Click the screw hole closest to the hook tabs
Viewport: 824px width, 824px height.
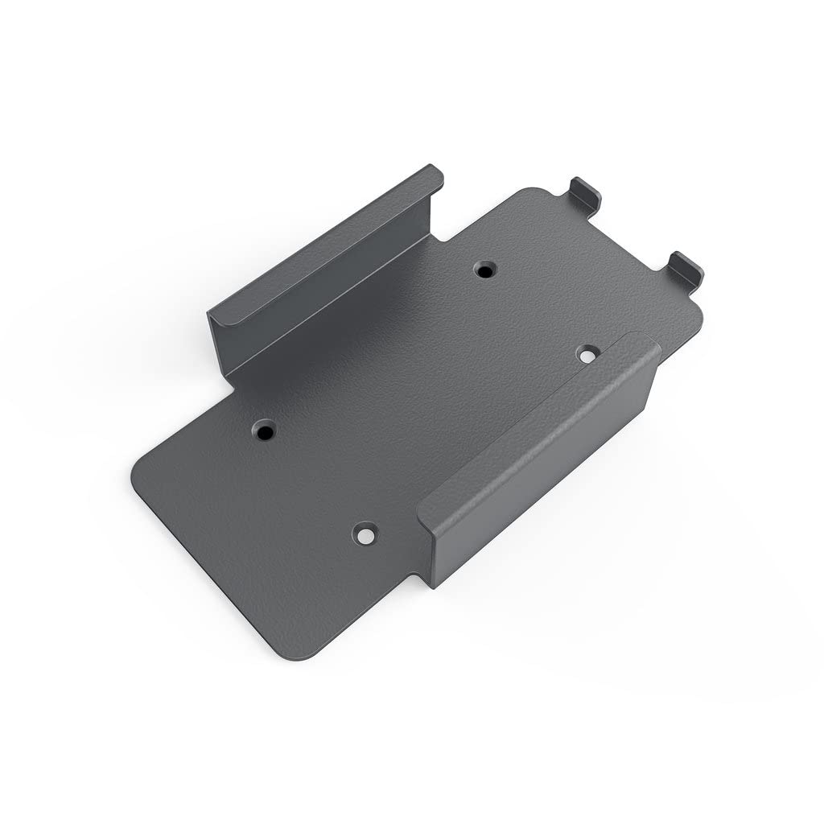click(484, 270)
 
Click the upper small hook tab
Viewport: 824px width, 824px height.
click(585, 193)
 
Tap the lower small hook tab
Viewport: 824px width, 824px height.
click(686, 269)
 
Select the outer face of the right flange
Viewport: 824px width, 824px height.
click(547, 483)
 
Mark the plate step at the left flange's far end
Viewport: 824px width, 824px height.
click(447, 233)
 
